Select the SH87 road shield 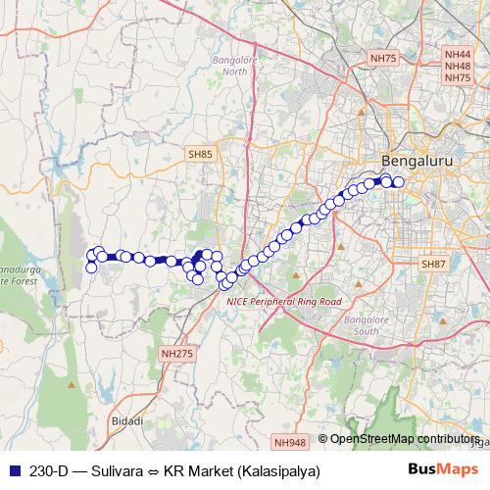(x=433, y=265)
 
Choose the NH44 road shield (x=458, y=56)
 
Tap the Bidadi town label (x=128, y=420)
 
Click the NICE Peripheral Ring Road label (x=284, y=302)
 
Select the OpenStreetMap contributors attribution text (x=404, y=438)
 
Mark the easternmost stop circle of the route (x=399, y=181)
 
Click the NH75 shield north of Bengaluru (x=384, y=60)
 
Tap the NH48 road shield (x=458, y=67)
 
